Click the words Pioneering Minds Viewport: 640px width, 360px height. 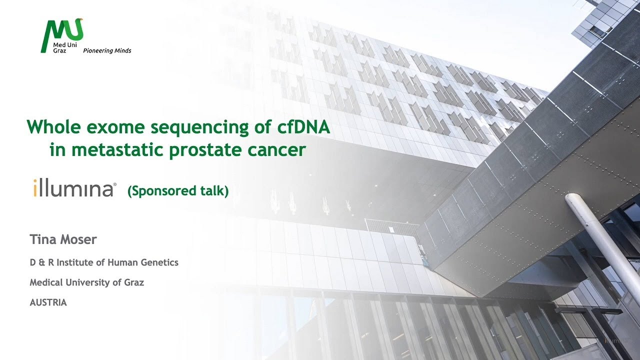click(x=106, y=51)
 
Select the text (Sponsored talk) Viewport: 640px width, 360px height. click(x=178, y=190)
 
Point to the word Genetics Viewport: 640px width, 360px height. click(x=160, y=262)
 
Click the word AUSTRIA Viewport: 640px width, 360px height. click(x=48, y=302)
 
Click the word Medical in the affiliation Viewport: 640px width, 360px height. click(x=46, y=282)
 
